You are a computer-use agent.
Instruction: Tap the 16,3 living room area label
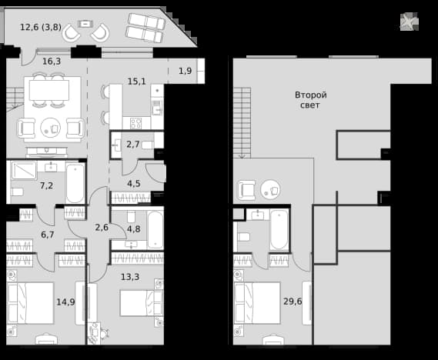point(52,61)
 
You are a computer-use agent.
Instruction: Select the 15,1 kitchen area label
point(136,82)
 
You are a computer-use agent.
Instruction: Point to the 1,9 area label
point(186,71)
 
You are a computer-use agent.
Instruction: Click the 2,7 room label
point(133,145)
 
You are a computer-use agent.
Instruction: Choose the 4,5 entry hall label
point(133,184)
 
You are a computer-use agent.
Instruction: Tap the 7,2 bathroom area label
point(46,185)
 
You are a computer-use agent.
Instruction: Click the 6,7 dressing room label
point(48,235)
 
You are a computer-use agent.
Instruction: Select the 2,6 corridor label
point(102,227)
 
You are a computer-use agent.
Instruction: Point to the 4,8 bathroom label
point(133,228)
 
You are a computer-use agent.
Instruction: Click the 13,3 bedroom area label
point(130,277)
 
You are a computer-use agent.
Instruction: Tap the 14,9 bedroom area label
point(65,302)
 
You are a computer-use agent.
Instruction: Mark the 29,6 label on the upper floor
point(293,302)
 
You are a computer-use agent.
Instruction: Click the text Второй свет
point(311,100)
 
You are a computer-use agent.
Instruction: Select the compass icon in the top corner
point(410,22)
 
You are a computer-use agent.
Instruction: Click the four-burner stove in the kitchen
point(135,123)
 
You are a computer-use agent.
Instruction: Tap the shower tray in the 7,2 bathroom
point(24,170)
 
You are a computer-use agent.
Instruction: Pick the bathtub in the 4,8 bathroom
point(155,230)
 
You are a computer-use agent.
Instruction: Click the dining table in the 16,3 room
point(49,90)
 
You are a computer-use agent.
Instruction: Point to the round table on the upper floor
point(270,190)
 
